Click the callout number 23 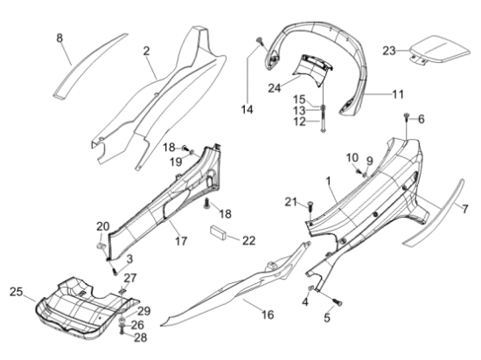coord(389,51)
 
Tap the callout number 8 coord(59,38)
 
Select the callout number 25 coord(16,292)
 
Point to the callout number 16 coord(268,315)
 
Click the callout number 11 coord(398,94)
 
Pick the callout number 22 coord(248,241)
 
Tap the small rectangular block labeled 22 coord(218,232)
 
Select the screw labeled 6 coord(407,116)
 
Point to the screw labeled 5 coord(338,302)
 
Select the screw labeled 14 coord(260,40)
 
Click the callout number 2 coord(147,51)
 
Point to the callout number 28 coord(141,337)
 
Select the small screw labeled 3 coord(115,272)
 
